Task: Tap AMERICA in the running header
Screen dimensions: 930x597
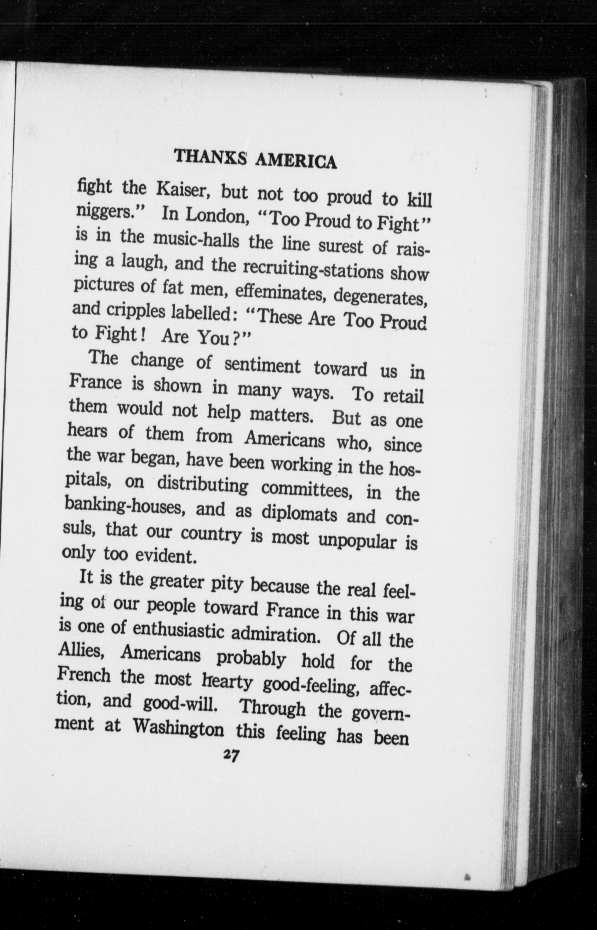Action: point(296,161)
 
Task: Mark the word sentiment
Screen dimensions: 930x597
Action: point(262,366)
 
